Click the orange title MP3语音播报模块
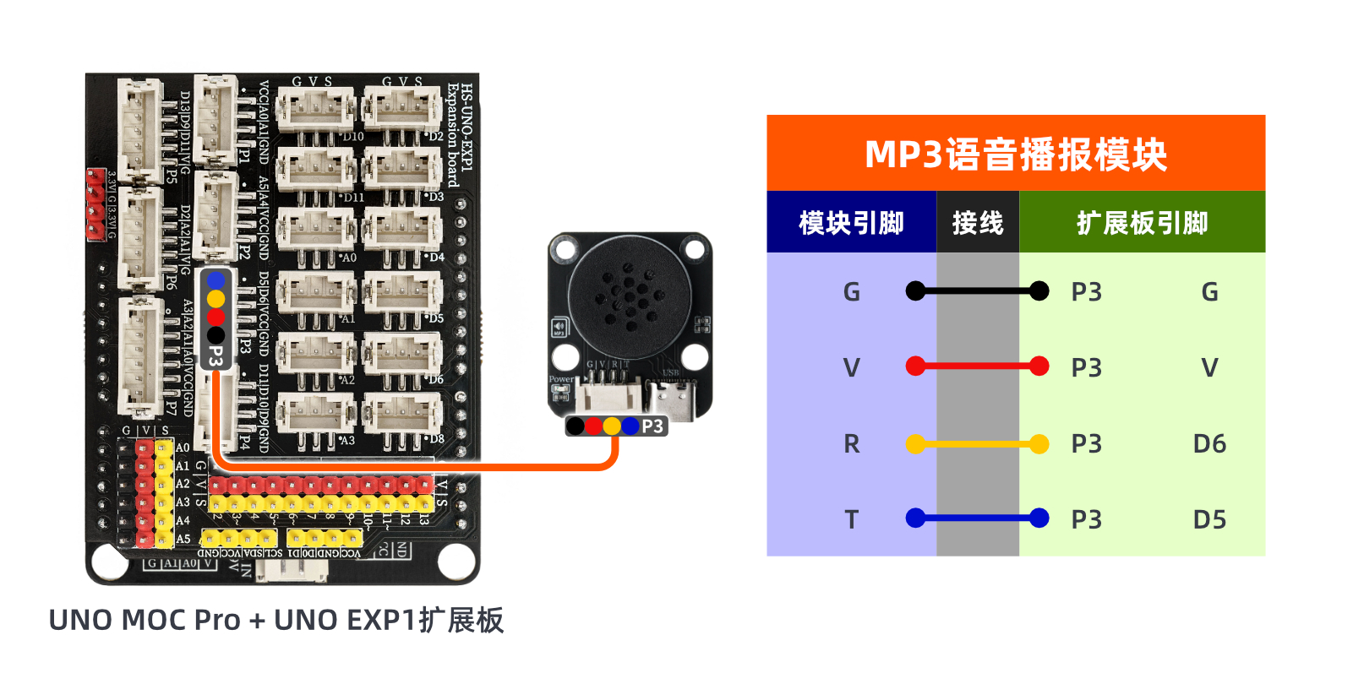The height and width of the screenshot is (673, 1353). tap(1015, 155)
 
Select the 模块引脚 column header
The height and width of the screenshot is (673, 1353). tap(851, 223)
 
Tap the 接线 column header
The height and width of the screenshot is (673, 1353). tap(978, 223)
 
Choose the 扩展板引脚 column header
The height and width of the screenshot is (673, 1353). tap(1142, 223)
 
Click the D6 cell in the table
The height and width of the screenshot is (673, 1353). tap(1209, 443)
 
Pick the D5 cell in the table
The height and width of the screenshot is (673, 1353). tap(1209, 519)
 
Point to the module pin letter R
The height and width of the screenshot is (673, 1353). tap(851, 443)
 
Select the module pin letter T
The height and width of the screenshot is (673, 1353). tap(851, 519)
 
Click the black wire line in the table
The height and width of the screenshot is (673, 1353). tap(977, 291)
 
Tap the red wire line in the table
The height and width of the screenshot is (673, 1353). tap(977, 366)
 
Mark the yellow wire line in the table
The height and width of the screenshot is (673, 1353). tap(977, 443)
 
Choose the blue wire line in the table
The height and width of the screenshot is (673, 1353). tap(977, 518)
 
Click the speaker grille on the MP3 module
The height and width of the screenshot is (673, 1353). tap(630, 296)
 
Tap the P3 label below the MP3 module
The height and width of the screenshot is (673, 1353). tap(652, 426)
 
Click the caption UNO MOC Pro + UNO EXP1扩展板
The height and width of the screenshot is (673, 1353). tap(276, 620)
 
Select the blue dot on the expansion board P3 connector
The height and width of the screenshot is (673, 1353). tap(215, 280)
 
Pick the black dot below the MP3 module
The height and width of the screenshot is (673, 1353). tap(575, 426)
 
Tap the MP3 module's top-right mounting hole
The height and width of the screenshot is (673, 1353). tap(695, 249)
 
